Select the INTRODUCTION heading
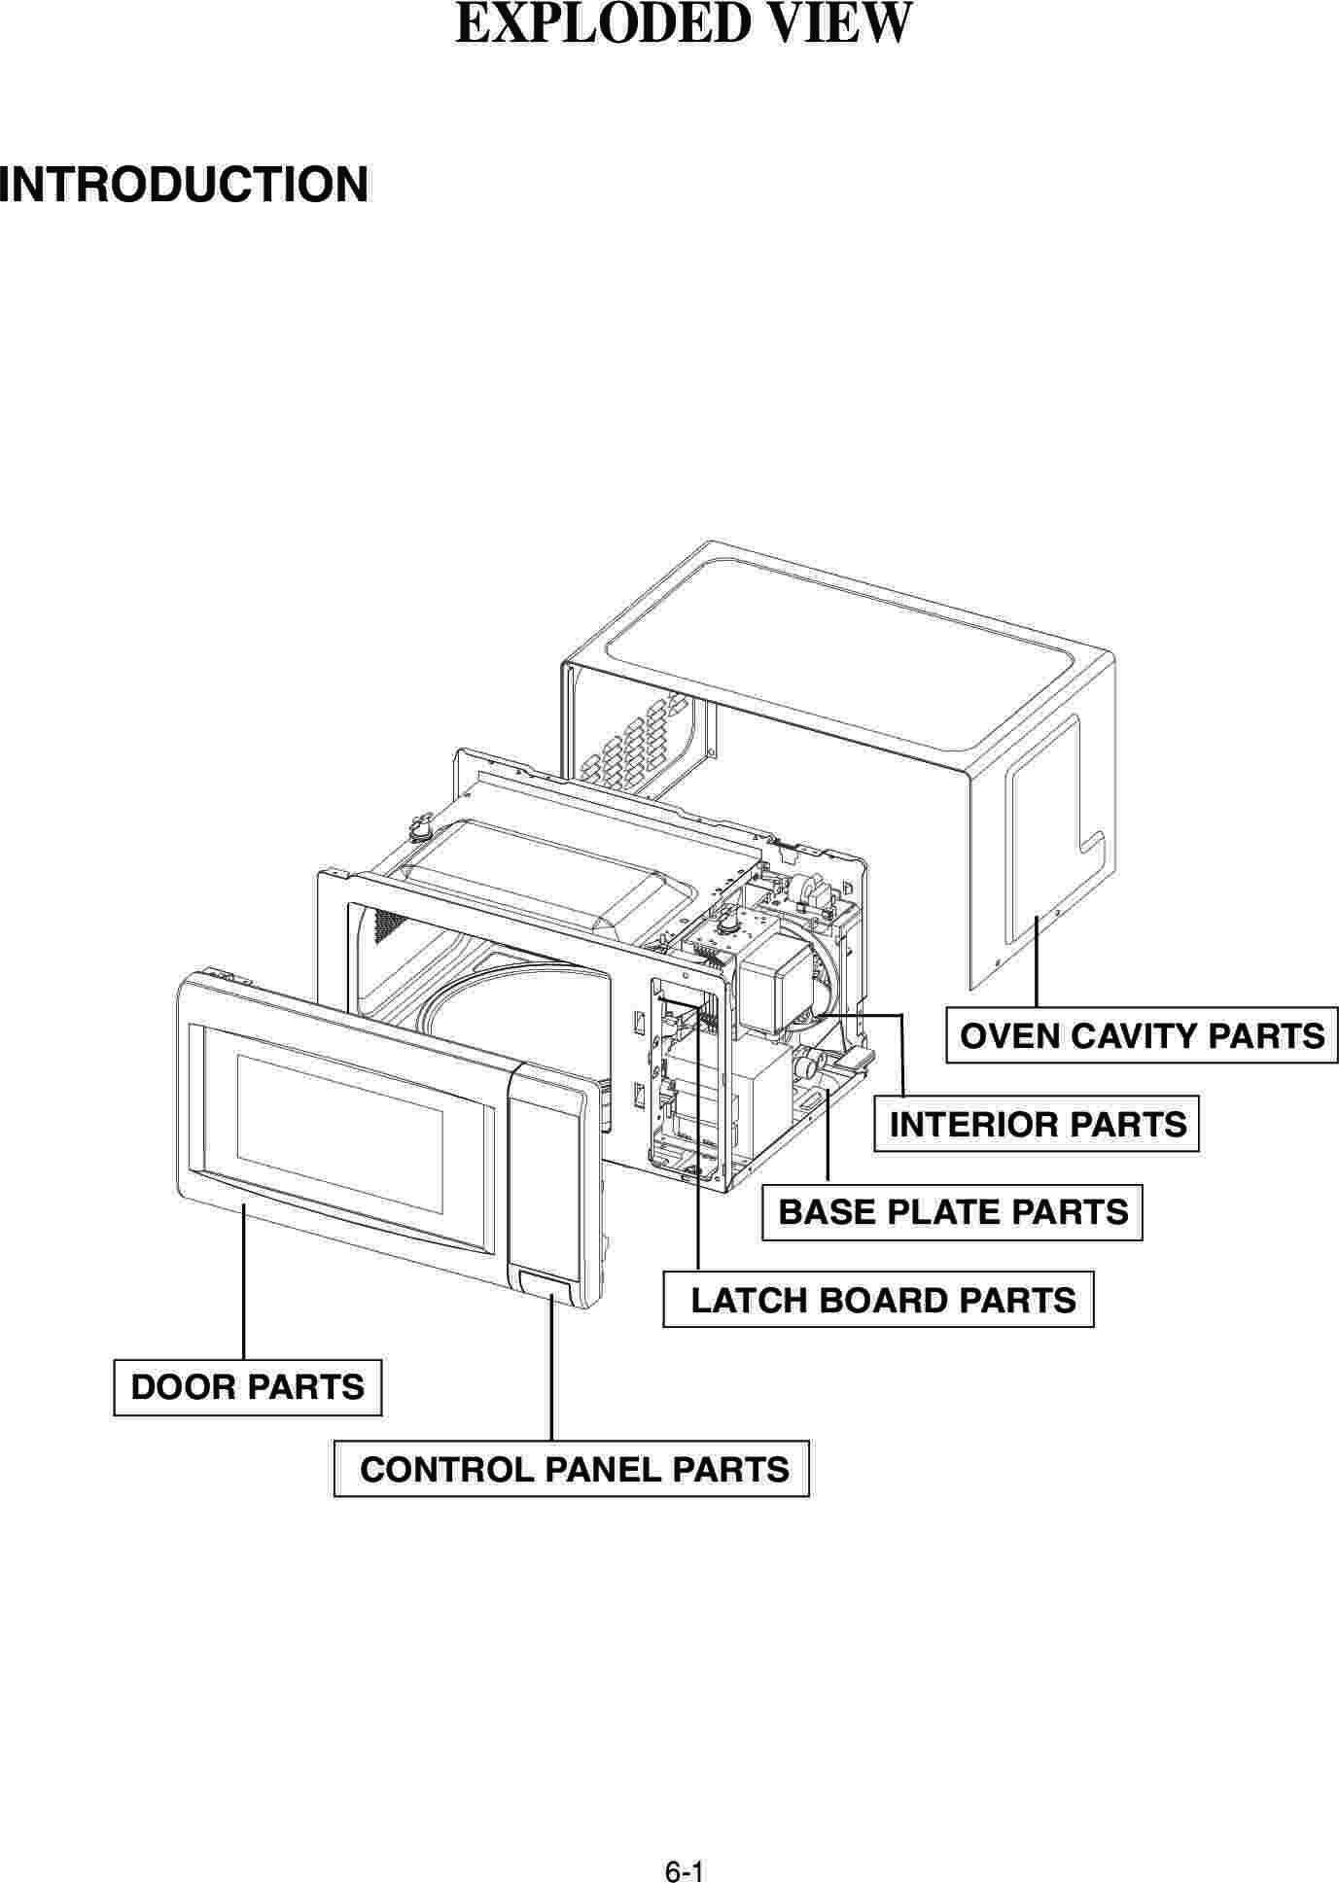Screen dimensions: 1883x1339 click(x=185, y=185)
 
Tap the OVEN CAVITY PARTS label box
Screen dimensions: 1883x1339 click(x=1142, y=1035)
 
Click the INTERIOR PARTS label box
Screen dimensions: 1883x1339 click(x=1037, y=1125)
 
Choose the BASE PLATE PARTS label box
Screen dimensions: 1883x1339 click(x=952, y=1212)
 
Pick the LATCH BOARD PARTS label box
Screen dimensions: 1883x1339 click(x=879, y=1300)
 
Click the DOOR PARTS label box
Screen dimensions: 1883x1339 click(x=247, y=1387)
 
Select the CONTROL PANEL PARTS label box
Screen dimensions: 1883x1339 click(x=572, y=1468)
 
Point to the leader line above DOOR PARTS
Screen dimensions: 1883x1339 click(x=242, y=1283)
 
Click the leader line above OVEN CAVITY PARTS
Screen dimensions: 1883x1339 click(x=1037, y=962)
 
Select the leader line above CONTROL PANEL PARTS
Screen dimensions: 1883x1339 click(x=551, y=1371)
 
